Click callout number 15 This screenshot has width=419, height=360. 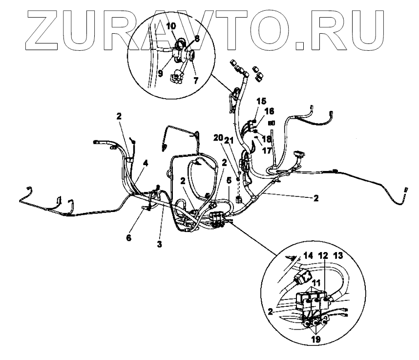(261, 101)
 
